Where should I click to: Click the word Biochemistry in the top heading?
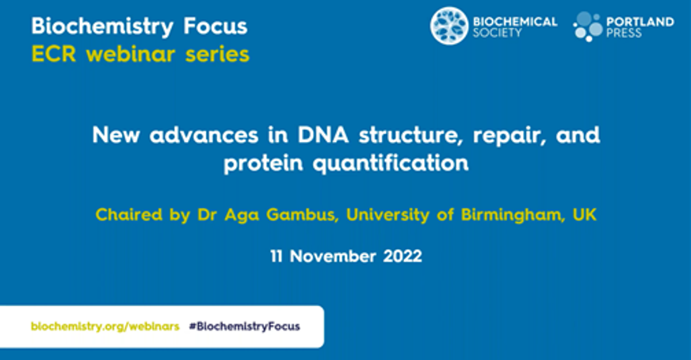pos(102,27)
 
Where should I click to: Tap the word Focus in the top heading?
pos(215,26)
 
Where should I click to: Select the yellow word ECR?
pos(53,54)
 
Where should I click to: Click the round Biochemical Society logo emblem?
pos(449,26)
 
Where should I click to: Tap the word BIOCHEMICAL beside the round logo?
pos(515,21)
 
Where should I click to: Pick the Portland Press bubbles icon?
pos(588,26)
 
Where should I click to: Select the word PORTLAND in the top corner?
pos(639,21)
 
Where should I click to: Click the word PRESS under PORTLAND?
pos(624,33)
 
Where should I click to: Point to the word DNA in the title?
pos(323,135)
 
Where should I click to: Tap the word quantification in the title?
pos(391,163)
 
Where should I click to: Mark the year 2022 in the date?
pos(403,256)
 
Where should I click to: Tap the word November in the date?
pos(333,256)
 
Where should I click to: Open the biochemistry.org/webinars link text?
pos(105,327)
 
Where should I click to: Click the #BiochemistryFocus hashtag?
pos(245,327)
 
